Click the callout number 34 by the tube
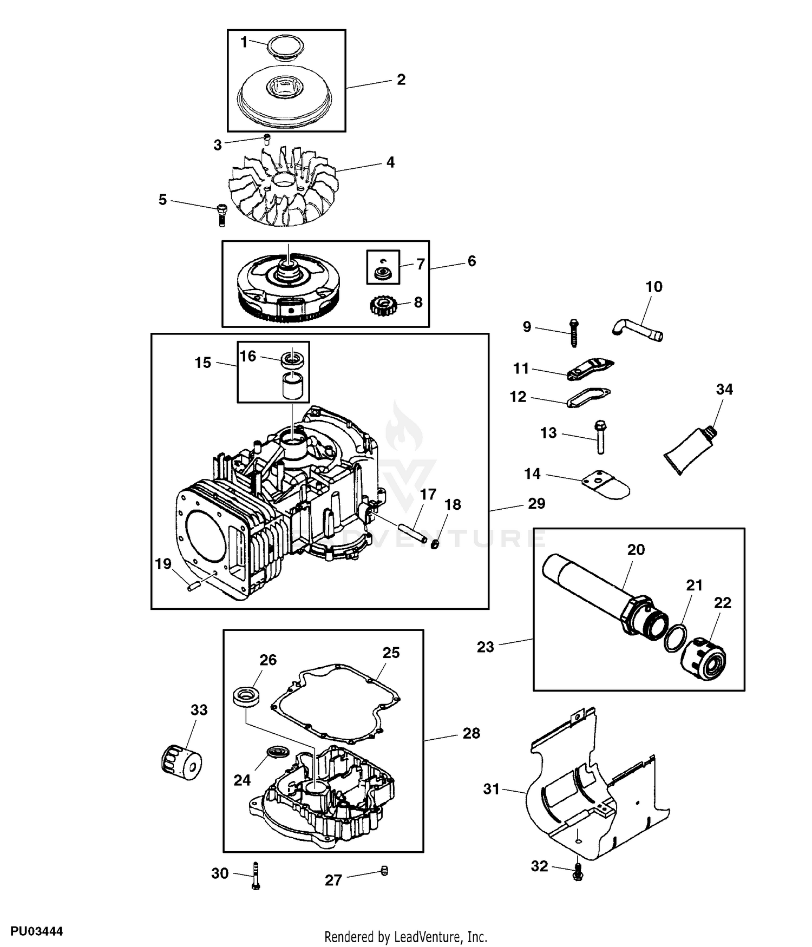point(724,389)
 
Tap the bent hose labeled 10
point(639,329)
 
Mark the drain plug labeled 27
point(385,871)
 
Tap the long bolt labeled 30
point(256,875)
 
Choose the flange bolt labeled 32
point(578,873)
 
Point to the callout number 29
point(536,503)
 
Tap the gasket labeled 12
point(588,397)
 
